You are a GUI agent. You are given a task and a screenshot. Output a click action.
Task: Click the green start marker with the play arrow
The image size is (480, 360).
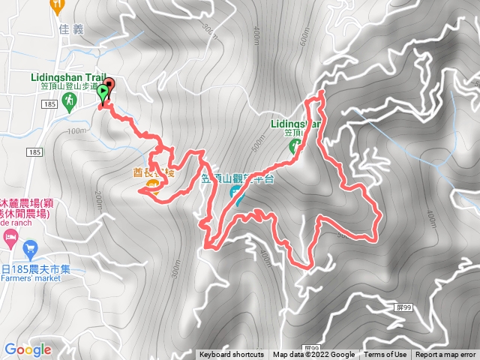[x=103, y=93]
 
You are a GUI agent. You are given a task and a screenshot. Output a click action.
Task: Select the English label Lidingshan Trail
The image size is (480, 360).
[x=67, y=76]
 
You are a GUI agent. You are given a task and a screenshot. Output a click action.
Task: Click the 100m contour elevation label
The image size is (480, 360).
[x=76, y=130]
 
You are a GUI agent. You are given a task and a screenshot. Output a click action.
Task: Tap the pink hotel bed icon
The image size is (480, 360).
[x=10, y=241]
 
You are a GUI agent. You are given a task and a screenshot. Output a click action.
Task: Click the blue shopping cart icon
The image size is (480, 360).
[x=30, y=247]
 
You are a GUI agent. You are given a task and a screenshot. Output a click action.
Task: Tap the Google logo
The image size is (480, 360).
[x=27, y=349]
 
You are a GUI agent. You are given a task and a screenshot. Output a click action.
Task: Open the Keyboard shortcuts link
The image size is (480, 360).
[x=232, y=355]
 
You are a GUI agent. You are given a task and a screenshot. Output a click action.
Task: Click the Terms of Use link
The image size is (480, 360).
[x=385, y=355]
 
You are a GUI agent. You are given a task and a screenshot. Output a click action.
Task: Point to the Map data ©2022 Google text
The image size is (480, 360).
[x=313, y=355]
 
